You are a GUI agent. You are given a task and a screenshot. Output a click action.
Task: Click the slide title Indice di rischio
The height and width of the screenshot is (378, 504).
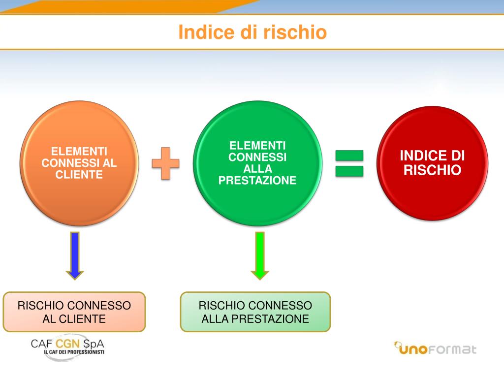point(252,32)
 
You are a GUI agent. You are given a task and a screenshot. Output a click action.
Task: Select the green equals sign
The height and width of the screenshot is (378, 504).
point(349,163)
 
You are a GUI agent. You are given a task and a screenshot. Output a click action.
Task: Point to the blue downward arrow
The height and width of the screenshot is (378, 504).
point(75,255)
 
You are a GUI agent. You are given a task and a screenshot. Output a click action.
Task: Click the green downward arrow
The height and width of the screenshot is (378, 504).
point(260,255)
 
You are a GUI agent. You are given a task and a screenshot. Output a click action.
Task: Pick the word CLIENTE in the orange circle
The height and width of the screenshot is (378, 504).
point(79,175)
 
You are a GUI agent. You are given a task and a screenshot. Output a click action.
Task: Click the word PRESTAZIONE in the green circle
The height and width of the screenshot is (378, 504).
point(257,181)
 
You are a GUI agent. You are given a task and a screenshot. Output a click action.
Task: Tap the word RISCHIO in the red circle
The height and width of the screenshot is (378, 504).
point(433,170)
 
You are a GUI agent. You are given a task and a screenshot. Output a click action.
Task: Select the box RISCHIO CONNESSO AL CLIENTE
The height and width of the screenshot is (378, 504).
point(74,312)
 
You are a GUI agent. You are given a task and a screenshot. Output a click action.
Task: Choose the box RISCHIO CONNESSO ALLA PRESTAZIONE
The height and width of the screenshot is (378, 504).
point(255,312)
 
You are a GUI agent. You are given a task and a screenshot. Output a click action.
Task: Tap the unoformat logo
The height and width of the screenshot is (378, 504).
point(435,348)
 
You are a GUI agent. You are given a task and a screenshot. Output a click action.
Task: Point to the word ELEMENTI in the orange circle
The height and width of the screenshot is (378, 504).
point(79,152)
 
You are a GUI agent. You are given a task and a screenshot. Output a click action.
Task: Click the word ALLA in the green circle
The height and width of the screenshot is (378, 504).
point(257,169)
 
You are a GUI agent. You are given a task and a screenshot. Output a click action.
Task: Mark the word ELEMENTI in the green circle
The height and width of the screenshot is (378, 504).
point(257,146)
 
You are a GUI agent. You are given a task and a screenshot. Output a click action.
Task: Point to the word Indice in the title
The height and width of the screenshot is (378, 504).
point(200,32)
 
